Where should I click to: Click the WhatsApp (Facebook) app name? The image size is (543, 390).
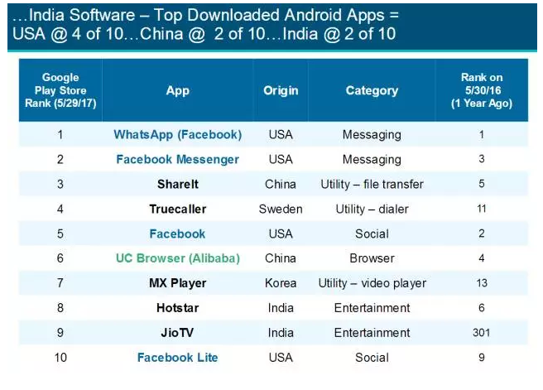coord(177,134)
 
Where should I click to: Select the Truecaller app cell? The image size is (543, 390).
coord(177,209)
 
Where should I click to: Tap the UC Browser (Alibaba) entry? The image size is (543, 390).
coord(177,258)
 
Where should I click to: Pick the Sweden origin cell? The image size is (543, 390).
coord(281,209)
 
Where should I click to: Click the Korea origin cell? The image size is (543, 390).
coord(281,283)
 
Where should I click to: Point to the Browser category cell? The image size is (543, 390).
coord(372,258)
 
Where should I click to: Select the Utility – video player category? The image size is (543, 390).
coord(372,283)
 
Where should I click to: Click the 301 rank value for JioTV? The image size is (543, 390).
coord(482,333)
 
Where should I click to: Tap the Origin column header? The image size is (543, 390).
coord(281,90)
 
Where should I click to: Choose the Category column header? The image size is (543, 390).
coord(372,90)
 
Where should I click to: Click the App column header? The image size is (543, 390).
coord(177,90)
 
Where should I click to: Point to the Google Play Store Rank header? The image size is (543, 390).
coord(60,90)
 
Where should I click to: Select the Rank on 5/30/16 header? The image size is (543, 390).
coord(482,90)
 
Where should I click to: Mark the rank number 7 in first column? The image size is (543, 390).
coord(60,283)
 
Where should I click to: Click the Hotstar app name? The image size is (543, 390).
coord(177,308)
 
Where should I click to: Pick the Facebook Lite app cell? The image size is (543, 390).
coord(177,358)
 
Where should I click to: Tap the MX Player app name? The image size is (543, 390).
coord(177,283)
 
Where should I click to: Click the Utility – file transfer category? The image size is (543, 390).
coord(372,184)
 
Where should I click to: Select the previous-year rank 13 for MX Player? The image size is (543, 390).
coord(482,283)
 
